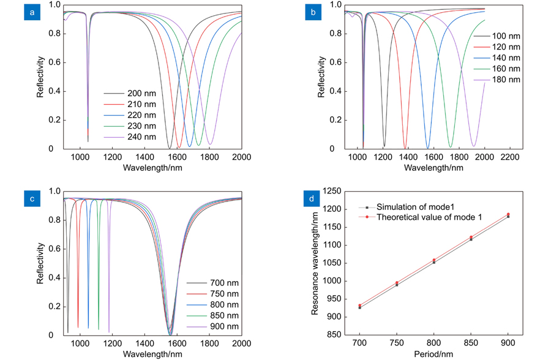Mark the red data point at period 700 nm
tap(360, 306)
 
